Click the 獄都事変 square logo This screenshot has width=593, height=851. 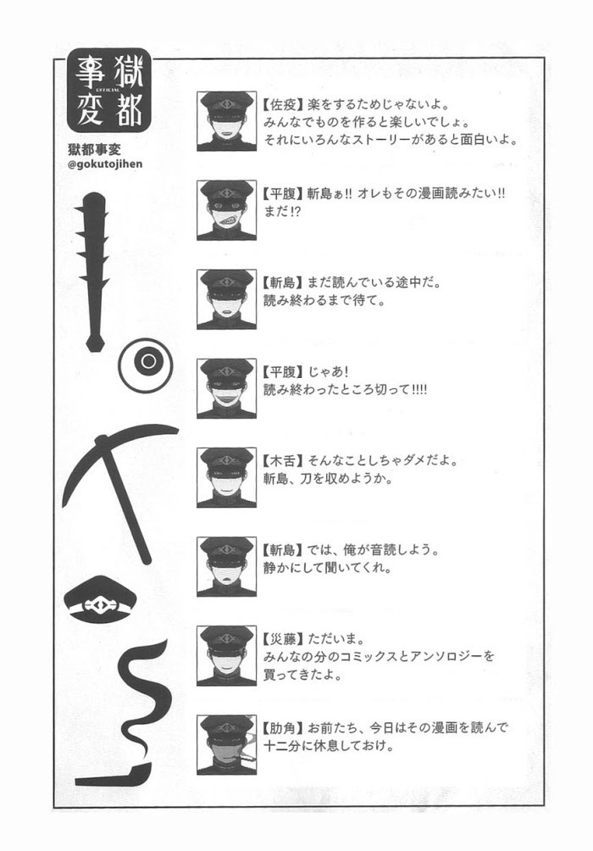click(x=109, y=92)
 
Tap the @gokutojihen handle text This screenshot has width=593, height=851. click(x=105, y=164)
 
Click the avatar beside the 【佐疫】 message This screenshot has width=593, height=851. click(x=226, y=121)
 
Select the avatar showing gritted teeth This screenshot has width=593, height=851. click(x=226, y=210)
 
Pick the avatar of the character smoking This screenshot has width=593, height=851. click(x=226, y=744)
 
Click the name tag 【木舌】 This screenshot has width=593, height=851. click(x=282, y=461)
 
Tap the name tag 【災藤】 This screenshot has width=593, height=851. click(x=282, y=639)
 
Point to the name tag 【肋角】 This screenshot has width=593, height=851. click(x=282, y=727)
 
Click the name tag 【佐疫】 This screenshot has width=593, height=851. click(x=282, y=103)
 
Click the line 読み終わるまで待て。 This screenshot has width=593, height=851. click(x=324, y=300)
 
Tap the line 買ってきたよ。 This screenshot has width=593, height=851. click(x=302, y=676)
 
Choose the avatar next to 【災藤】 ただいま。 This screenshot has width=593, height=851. click(x=226, y=655)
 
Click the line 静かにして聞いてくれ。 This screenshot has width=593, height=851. click(x=328, y=568)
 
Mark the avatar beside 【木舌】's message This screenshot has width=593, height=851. click(x=226, y=477)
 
